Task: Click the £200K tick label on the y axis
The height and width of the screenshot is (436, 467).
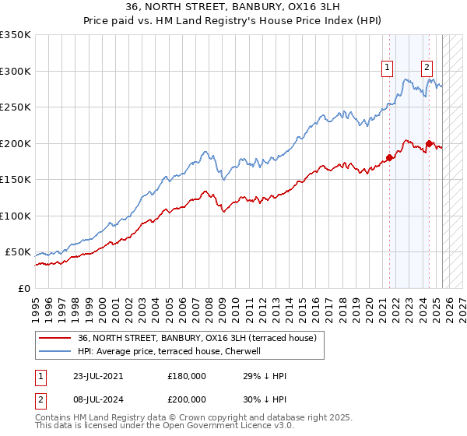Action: click(15, 143)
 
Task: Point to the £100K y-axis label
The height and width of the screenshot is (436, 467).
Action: click(15, 216)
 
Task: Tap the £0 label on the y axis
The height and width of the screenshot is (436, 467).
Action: click(23, 288)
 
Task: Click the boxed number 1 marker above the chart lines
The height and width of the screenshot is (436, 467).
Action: click(387, 68)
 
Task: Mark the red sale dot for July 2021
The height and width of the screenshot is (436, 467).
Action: click(389, 158)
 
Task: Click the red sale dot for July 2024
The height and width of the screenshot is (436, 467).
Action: click(429, 143)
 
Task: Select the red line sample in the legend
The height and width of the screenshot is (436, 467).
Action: click(55, 338)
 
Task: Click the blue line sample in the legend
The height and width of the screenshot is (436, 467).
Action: click(55, 351)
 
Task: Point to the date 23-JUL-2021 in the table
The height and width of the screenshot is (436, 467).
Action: click(93, 375)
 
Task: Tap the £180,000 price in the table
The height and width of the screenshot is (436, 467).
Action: click(186, 375)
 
